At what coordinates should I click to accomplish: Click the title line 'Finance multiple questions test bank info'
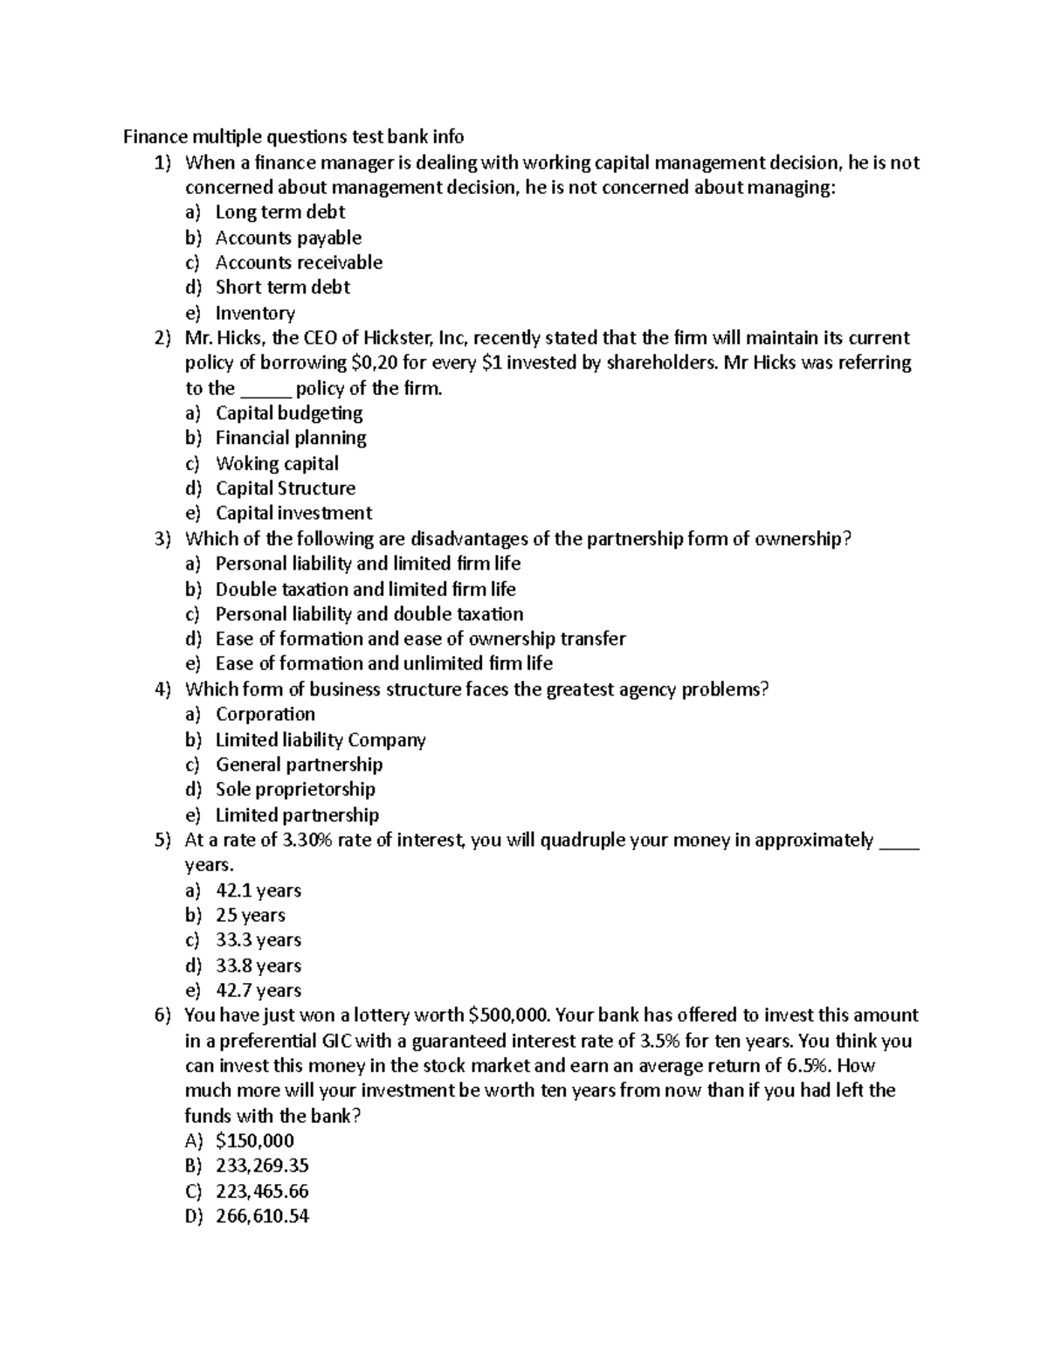293,136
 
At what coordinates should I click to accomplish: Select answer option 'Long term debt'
279,212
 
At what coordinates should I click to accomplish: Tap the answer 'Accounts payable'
288,238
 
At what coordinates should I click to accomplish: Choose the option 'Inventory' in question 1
255,313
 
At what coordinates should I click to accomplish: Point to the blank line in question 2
265,390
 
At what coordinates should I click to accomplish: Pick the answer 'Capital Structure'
286,488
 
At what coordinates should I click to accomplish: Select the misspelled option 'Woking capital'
277,463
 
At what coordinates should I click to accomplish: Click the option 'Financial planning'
291,438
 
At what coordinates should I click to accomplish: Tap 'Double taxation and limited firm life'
365,589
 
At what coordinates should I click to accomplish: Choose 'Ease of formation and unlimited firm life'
383,664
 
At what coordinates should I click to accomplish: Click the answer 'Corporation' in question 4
265,715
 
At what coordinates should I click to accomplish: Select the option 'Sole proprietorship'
295,790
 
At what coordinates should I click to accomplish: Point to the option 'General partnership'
299,765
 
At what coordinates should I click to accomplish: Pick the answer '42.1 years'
258,890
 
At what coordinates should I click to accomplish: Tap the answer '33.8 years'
258,966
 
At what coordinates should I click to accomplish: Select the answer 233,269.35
262,1166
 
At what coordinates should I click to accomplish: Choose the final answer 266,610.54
262,1216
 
